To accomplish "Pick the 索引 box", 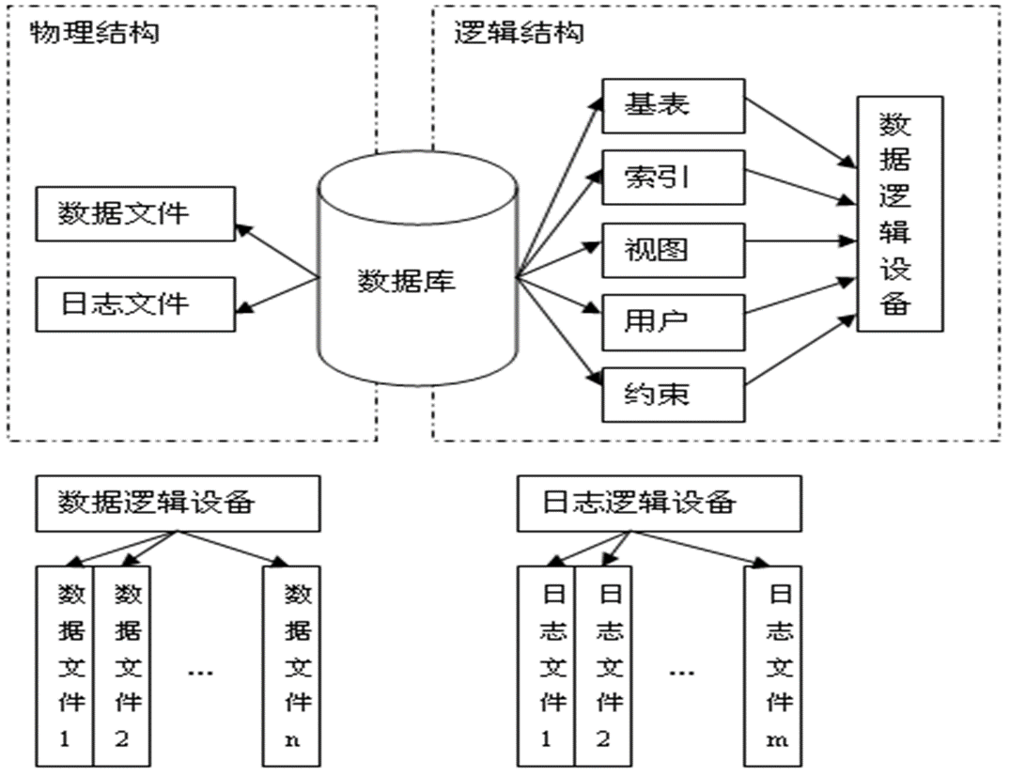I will coord(673,176).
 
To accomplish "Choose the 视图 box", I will coord(673,249).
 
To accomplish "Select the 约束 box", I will coord(673,393).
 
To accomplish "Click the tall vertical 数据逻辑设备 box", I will coord(899,213).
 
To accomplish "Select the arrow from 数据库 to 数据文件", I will coord(278,252).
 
